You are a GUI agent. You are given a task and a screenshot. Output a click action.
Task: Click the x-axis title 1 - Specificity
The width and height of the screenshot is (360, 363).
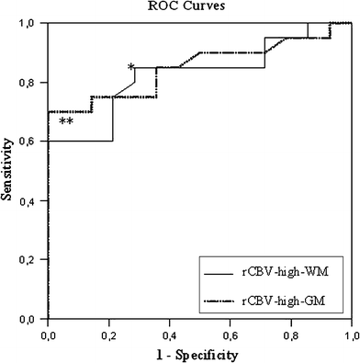coord(198,354)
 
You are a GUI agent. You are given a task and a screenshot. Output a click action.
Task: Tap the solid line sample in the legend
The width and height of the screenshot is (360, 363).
coord(220,273)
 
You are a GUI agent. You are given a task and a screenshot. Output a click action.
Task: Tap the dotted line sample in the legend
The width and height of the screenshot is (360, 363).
coord(220,301)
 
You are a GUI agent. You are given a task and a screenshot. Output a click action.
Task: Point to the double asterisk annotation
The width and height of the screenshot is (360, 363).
coord(66,123)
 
